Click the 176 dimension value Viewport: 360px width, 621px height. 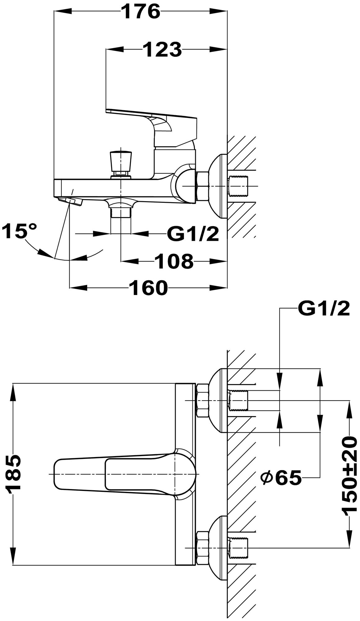(140, 12)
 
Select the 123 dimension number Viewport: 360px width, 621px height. (162, 50)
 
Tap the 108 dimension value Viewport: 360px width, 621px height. (174, 261)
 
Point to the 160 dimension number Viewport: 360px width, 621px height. (148, 288)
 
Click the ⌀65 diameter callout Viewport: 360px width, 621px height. (281, 478)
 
